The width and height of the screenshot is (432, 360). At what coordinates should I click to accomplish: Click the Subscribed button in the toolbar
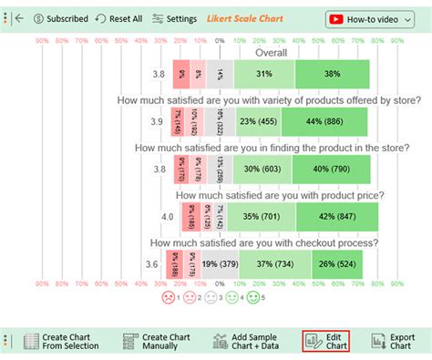coord(61,18)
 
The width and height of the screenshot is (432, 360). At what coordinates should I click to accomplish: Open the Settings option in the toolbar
coord(174,18)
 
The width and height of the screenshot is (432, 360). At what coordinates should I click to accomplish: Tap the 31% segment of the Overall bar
coord(263,74)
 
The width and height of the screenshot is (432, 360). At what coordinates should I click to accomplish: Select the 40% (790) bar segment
coord(331,169)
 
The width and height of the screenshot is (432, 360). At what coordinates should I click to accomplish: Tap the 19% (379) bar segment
coord(220,264)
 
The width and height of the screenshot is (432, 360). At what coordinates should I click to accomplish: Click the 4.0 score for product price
coord(167,217)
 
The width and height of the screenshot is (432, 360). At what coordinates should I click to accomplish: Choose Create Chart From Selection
coord(64,342)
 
